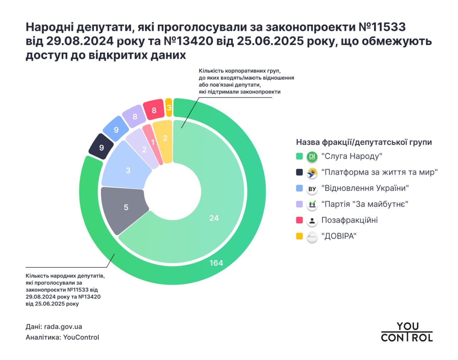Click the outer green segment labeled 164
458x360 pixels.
pos(216,263)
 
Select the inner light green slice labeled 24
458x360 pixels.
pos(214,218)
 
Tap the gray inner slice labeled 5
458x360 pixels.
pos(126,207)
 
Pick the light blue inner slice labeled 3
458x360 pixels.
pos(128,170)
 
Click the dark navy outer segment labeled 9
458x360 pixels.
pos(101,147)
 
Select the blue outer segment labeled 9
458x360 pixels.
pos(116,130)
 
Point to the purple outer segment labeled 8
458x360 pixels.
pos(135,116)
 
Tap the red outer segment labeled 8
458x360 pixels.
pos(154,110)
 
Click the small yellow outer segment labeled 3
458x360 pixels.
pos(169,107)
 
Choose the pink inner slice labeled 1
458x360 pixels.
pos(152,143)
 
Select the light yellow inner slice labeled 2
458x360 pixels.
pos(165,138)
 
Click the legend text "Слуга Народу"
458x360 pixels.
pos(352,156)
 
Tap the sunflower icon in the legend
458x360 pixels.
pos(312,173)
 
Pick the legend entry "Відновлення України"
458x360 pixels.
pos(365,188)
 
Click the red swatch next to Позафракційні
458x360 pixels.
pos(299,220)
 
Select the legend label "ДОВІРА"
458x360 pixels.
pos(339,236)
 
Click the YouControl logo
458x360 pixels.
pos(407,332)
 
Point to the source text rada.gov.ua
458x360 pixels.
pos(63,327)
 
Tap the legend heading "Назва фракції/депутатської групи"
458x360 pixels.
pos(364,142)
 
